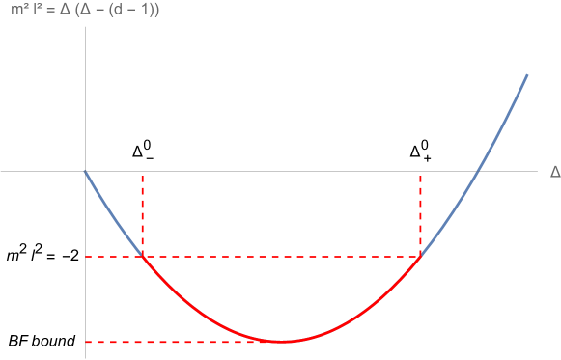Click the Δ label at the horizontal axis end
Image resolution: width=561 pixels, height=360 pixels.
[554, 172]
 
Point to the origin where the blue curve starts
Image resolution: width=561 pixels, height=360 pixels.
[85, 172]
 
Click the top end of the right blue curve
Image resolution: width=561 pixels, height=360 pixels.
[527, 74]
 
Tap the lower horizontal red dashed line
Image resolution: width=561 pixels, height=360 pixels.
[174, 342]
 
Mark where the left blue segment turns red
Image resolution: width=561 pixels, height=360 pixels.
[143, 255]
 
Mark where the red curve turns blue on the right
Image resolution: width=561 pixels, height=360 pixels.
[421, 255]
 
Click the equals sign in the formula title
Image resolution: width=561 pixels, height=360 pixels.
[48, 11]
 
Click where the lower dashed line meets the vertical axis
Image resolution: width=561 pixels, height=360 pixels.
[85, 342]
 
